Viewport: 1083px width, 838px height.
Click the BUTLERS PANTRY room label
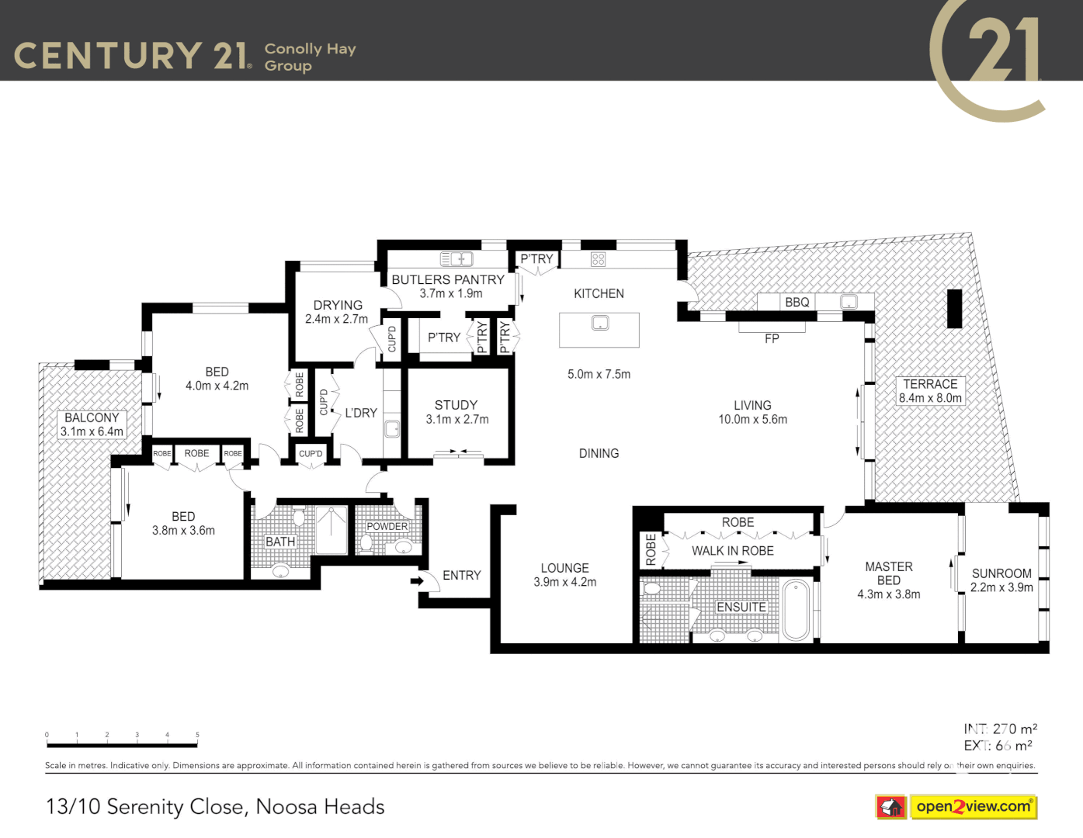coord(448,280)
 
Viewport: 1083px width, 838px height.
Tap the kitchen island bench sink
coord(600,323)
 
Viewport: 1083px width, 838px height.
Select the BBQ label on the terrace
coord(797,303)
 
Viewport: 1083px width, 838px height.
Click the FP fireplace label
coord(772,339)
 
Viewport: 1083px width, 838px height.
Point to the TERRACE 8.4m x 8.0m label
coord(930,391)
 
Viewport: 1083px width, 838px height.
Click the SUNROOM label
coord(1001,573)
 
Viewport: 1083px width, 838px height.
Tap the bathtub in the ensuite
coord(796,610)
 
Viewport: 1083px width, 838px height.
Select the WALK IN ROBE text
coord(732,551)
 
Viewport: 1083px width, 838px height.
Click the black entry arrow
coord(417,580)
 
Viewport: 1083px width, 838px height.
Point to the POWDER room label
coord(387,527)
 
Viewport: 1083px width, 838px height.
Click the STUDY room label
coord(456,406)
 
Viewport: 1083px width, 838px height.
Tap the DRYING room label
coord(338,306)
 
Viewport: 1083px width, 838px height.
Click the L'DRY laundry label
coord(361,414)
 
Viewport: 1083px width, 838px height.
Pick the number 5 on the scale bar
coord(197,735)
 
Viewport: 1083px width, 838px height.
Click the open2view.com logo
coord(974,807)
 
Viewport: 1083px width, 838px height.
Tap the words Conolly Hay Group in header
coord(309,57)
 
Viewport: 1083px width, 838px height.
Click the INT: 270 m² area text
coord(1000,729)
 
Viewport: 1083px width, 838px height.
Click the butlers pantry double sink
coord(456,259)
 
